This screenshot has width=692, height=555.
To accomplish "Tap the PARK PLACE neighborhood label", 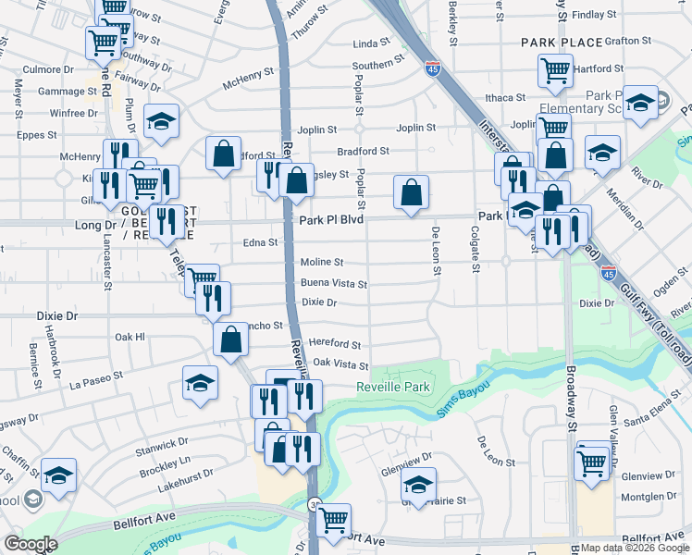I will pos(562,43).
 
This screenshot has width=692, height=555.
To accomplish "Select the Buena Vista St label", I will pos(333,284).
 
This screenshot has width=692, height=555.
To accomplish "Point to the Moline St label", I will pos(321,263).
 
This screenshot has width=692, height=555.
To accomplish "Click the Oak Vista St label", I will pos(340,365).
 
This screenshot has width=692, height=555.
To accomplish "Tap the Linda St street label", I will pos(372,43).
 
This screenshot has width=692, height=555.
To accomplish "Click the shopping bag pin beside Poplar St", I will pos(411,192).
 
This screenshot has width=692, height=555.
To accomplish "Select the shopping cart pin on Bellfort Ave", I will pos(333,520).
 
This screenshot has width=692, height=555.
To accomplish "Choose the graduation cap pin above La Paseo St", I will pos(200,384).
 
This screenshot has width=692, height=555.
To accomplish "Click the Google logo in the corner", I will pos(31,544).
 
